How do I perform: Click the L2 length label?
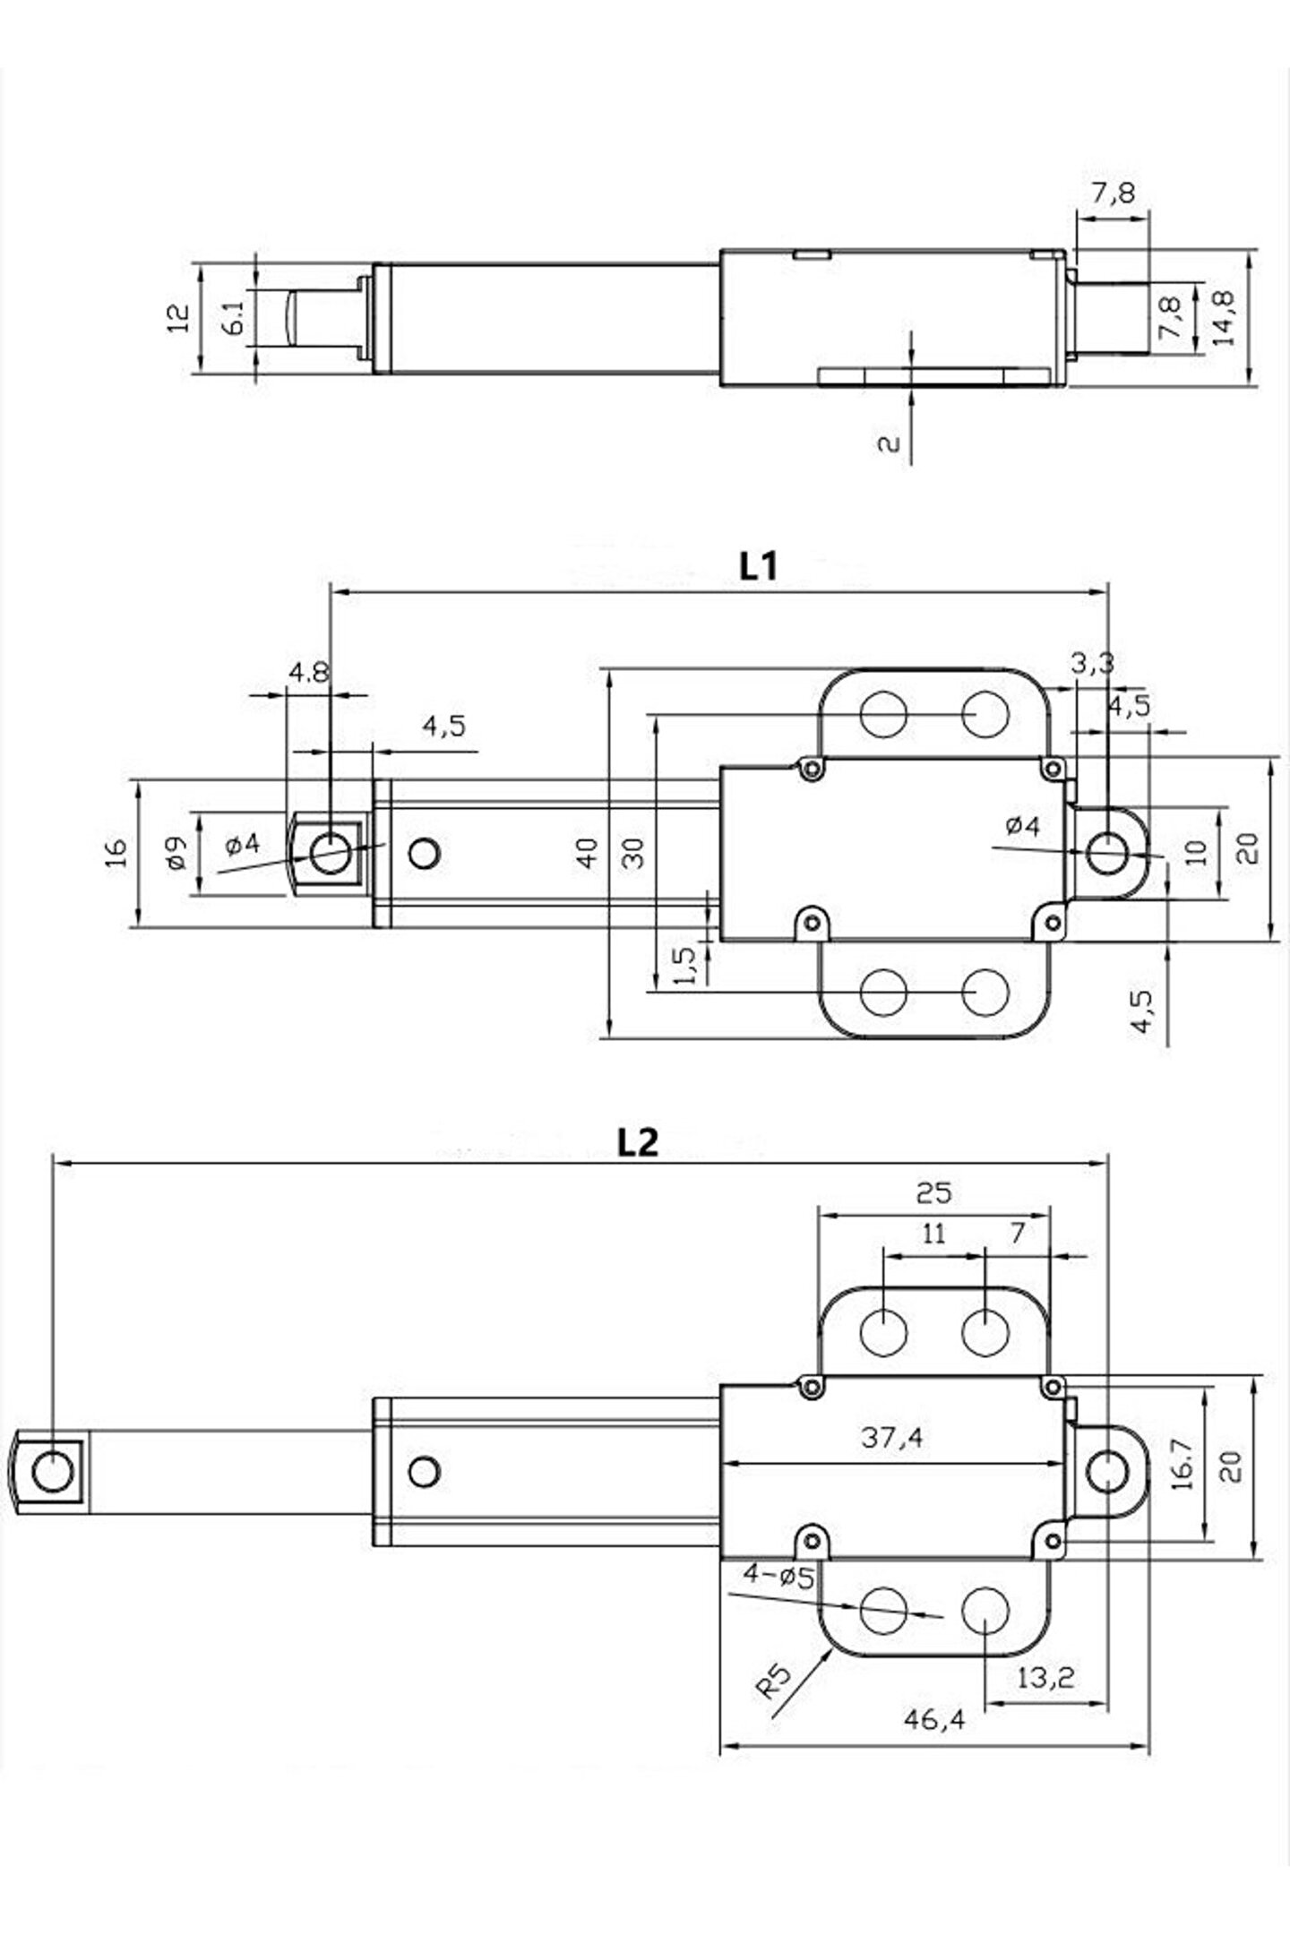coord(637,1141)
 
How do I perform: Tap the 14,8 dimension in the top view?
coord(1223,316)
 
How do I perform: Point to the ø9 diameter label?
coord(176,852)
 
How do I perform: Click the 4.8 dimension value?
coord(309,673)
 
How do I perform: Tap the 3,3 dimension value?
coord(1092,663)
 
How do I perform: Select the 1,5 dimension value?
coord(685,965)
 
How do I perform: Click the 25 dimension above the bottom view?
coord(933,1192)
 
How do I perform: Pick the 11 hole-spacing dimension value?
coord(933,1234)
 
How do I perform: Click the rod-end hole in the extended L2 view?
coord(53,1471)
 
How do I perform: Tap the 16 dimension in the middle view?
coord(118,852)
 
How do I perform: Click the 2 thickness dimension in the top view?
coord(888,443)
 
